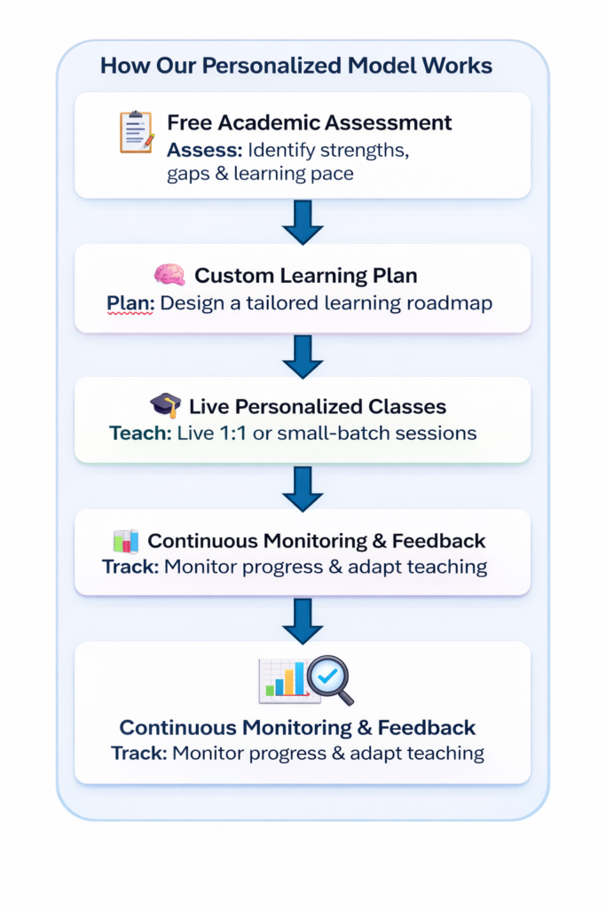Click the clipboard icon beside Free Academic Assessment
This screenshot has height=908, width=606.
[x=136, y=132]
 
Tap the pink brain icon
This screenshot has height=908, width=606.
[x=169, y=275]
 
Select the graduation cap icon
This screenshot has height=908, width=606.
[x=165, y=406]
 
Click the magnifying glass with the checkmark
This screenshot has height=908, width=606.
[x=330, y=678]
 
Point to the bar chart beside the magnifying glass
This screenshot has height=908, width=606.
[x=281, y=680]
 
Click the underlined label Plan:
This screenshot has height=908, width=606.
[x=130, y=302]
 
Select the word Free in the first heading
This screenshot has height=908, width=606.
[x=188, y=122]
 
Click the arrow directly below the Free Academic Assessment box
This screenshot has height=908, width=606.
[x=303, y=222]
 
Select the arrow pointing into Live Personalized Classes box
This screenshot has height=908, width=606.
[x=303, y=355]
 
